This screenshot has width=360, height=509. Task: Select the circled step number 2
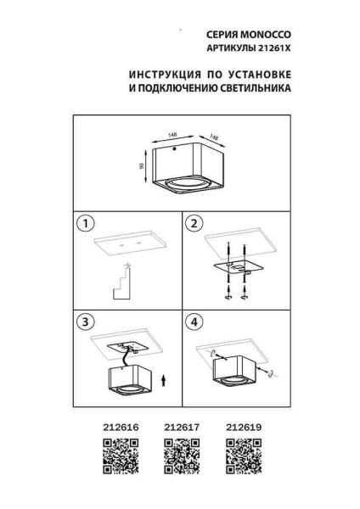(x=194, y=224)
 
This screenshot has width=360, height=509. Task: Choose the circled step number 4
(x=194, y=322)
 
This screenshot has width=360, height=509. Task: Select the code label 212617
(x=180, y=429)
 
